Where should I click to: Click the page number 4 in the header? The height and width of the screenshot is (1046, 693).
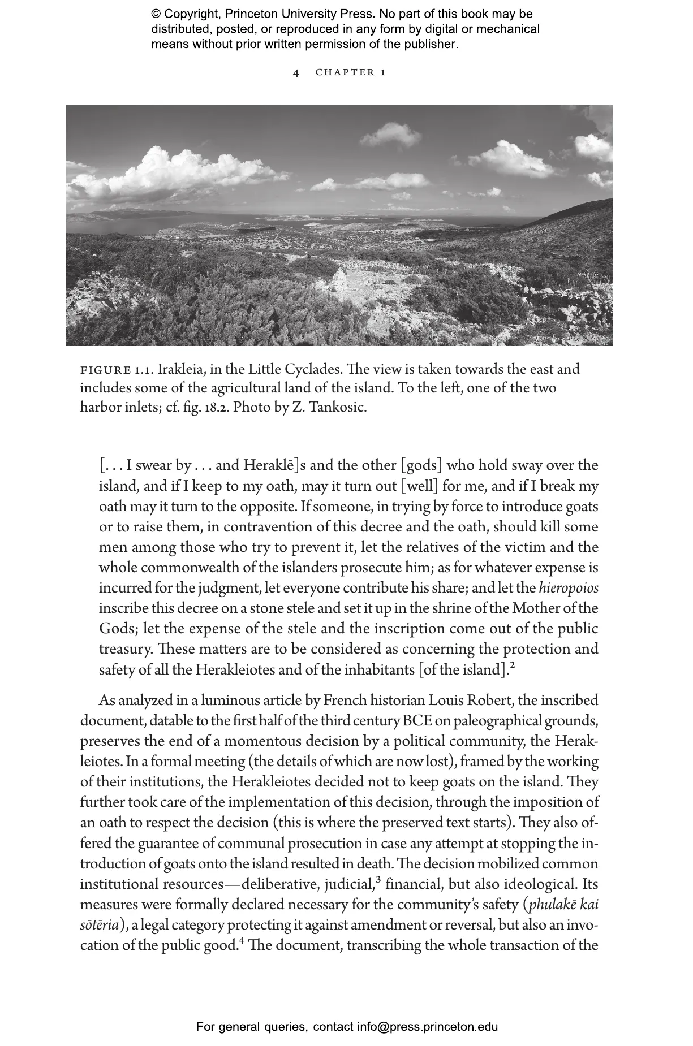[x=296, y=73]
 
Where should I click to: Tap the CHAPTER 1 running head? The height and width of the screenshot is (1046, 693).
[x=351, y=72]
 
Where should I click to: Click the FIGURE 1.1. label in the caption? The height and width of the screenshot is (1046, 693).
[x=117, y=370]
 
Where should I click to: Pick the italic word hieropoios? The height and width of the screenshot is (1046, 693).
[x=568, y=588]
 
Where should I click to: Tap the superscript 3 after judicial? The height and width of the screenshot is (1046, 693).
[x=378, y=879]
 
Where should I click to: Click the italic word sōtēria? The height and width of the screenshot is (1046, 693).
[x=100, y=925]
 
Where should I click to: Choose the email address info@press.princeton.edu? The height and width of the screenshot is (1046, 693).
[x=427, y=1026]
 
